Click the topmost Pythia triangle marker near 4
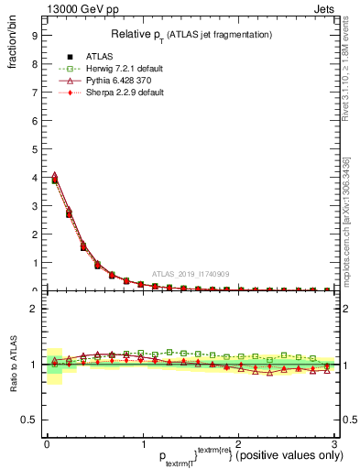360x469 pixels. coord(54,175)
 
